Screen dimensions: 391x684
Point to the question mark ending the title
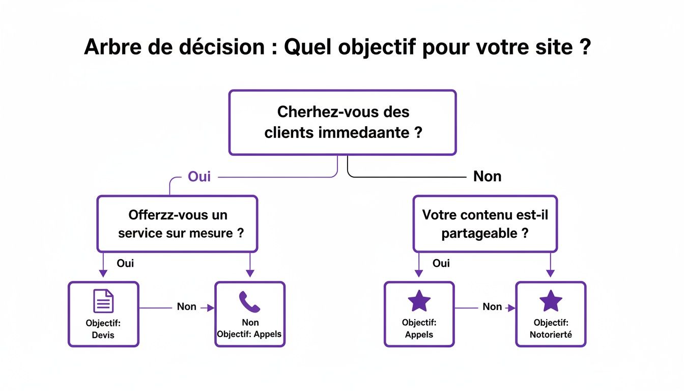point(584,47)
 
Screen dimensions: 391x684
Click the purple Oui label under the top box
point(199,177)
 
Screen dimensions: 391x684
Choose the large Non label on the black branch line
point(487,177)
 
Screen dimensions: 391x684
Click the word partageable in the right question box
point(479,234)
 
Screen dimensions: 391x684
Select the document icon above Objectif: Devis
point(103,301)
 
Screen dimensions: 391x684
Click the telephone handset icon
point(249,302)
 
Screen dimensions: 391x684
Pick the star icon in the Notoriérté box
point(551,301)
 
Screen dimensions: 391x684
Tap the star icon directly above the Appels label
point(419,301)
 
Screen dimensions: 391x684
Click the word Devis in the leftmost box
point(103,335)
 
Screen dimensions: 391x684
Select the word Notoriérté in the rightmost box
point(551,335)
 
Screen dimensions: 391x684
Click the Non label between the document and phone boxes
point(186,306)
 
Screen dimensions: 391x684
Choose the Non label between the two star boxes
point(492,306)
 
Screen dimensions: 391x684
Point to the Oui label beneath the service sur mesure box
point(125,264)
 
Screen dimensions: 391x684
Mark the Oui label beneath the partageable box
point(441,264)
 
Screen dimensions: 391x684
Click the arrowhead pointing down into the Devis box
point(103,274)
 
